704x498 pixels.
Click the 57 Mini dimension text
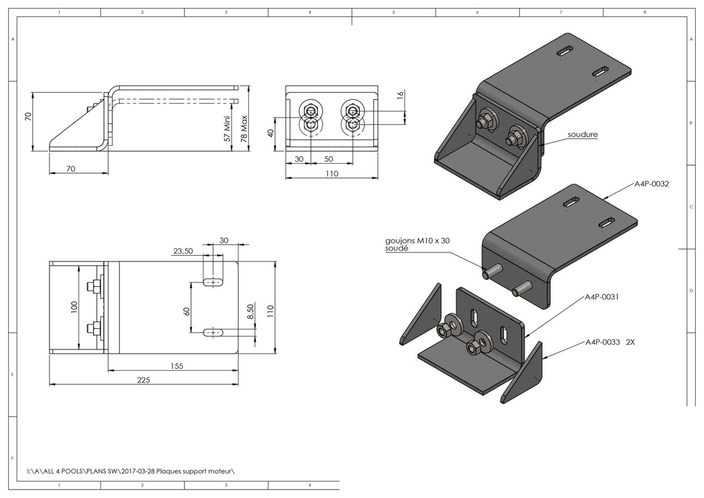[x=228, y=128]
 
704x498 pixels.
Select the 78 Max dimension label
[x=243, y=128]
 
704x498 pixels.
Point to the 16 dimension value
[x=400, y=95]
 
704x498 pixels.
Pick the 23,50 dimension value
[x=183, y=252]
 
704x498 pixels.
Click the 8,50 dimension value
[x=250, y=314]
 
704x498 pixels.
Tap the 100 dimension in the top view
[x=75, y=306]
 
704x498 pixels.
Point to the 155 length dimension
[x=176, y=367]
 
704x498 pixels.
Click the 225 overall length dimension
[x=143, y=379]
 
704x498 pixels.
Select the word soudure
[x=582, y=135]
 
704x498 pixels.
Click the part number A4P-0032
[x=651, y=184]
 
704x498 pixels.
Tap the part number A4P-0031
[x=602, y=298]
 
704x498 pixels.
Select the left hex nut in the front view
[x=310, y=111]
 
